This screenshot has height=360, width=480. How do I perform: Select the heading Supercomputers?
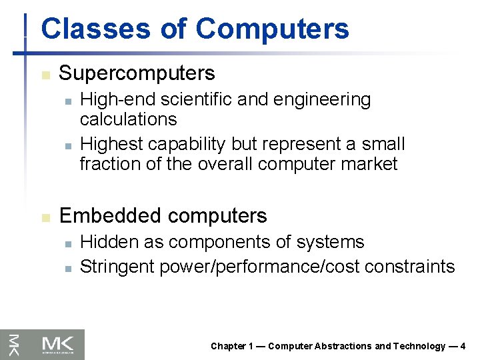pos(137,73)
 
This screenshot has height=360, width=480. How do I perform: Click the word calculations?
pos(128,119)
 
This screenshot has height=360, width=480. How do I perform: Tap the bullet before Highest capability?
pos(67,145)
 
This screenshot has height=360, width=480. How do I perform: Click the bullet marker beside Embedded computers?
pos(45,217)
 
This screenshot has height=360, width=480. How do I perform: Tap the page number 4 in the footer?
pos(463,346)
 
